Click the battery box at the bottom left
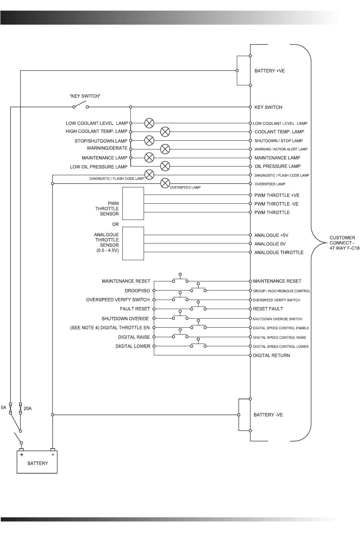pyautogui.click(x=37, y=462)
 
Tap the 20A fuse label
pyautogui.click(x=28, y=408)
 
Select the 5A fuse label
pyautogui.click(x=3, y=408)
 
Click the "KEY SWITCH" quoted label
pyautogui.click(x=85, y=96)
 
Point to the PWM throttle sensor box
pyautogui.click(x=133, y=203)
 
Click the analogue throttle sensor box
pyautogui.click(x=133, y=243)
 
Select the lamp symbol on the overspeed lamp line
pyautogui.click(x=165, y=184)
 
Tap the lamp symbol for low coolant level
pyautogui.click(x=150, y=123)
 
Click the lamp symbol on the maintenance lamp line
pyautogui.click(x=150, y=157)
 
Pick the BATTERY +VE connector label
pyautogui.click(x=269, y=71)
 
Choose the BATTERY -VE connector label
pyautogui.click(x=268, y=415)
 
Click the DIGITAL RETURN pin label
pyautogui.click(x=271, y=355)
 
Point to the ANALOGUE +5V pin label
pyautogui.click(x=271, y=235)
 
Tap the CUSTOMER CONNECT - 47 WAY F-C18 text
pyautogui.click(x=344, y=243)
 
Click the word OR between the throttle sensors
pyautogui.click(x=115, y=224)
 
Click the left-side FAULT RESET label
pyautogui.click(x=135, y=309)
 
